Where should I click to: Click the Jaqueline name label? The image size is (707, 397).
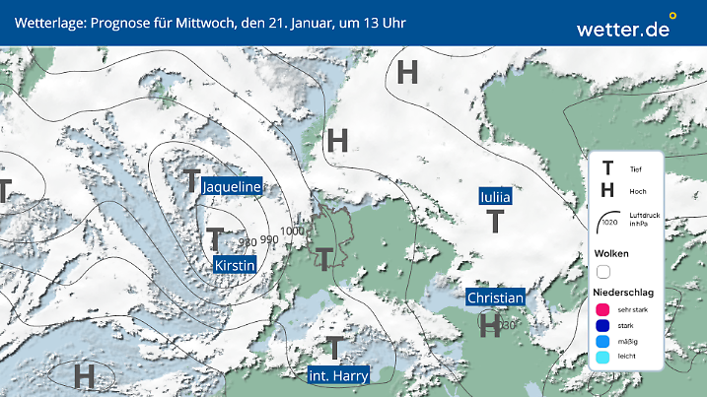(x=231, y=186)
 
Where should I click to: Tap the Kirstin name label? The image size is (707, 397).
(x=235, y=265)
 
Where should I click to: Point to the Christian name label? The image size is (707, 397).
(x=495, y=298)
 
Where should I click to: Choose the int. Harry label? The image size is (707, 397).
(x=338, y=374)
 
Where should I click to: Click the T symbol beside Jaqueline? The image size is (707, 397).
(x=191, y=180)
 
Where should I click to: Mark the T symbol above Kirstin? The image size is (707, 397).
(x=215, y=239)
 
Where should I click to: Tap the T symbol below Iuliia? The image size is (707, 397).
(x=495, y=223)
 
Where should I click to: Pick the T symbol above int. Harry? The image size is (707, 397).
(x=335, y=348)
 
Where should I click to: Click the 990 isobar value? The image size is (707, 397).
(x=269, y=239)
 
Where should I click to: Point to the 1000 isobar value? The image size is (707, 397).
(x=292, y=232)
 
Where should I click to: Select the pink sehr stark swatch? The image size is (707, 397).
(x=603, y=309)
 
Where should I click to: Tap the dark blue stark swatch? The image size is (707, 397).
(x=603, y=326)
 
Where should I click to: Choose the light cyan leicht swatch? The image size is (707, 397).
(x=603, y=359)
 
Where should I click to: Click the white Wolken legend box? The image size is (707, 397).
(x=603, y=271)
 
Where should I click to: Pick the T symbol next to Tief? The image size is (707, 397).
(x=607, y=170)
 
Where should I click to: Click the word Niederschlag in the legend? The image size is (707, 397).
(x=625, y=293)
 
